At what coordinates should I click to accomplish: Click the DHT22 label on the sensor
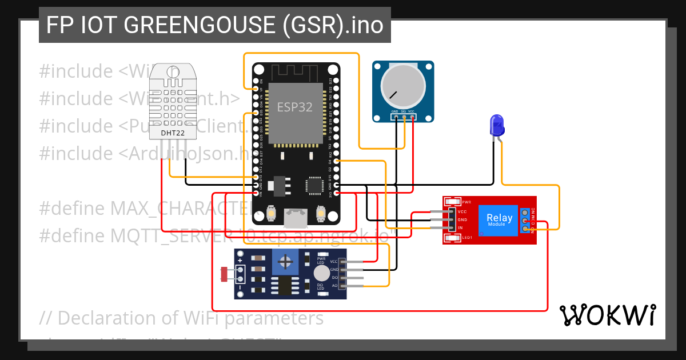coord(172,133)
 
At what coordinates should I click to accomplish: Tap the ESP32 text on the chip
coord(294,107)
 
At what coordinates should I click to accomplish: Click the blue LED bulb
coord(496,125)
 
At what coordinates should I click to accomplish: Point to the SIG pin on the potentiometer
coord(404,118)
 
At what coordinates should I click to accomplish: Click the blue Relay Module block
coord(499,219)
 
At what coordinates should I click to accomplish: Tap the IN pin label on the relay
coord(461,228)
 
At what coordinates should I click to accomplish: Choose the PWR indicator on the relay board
coord(453,202)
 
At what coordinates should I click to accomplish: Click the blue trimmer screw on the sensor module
coord(287,263)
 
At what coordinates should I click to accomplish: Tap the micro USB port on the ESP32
coord(296,217)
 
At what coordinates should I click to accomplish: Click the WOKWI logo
coord(607,315)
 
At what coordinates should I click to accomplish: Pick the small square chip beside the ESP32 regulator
coord(314,185)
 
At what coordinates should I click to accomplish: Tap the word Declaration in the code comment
coord(114,318)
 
